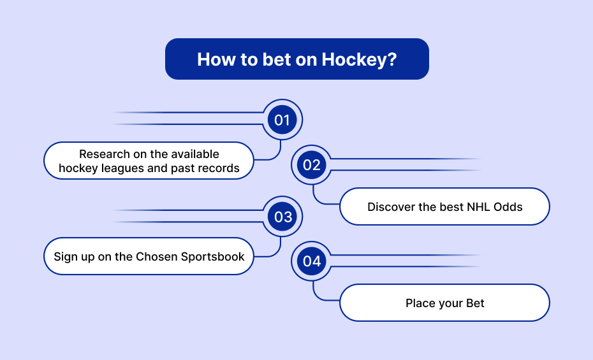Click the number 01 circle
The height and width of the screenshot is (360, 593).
[282, 120]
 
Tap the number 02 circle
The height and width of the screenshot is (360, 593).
[311, 165]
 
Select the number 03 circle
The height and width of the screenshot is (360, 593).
[282, 217]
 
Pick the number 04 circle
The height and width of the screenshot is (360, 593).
[311, 261]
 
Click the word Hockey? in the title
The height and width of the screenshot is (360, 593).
[359, 60]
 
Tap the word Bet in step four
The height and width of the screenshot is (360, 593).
[475, 303]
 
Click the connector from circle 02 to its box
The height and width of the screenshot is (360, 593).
[316, 199]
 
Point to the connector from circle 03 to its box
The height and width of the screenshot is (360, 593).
[277, 252]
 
